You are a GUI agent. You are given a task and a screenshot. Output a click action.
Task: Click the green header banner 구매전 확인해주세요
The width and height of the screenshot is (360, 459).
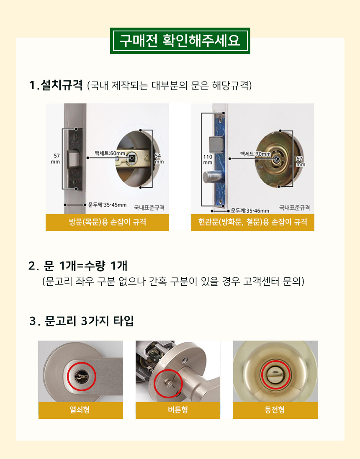coord(180,41)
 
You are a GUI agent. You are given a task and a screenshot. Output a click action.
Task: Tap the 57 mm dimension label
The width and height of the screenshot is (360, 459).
coord(56,159)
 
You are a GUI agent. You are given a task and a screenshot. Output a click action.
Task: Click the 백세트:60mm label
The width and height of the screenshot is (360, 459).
coord(110,153)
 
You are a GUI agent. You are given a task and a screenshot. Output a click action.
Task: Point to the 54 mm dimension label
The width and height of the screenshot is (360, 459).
coord(159,159)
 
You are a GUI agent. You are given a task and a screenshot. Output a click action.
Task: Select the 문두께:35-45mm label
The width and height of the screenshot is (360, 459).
coord(107,205)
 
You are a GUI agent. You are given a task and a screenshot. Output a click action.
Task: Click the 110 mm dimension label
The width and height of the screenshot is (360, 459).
coord(208,159)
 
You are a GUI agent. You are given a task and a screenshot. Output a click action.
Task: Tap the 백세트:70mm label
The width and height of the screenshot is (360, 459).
coord(255,154)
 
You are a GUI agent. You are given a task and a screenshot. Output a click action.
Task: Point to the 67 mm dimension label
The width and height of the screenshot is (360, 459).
coord(300,161)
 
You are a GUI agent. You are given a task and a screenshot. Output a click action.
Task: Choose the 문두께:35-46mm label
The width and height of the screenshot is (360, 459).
coord(250,211)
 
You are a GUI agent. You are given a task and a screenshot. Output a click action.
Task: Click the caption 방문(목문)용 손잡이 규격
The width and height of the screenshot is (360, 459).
coord(107,222)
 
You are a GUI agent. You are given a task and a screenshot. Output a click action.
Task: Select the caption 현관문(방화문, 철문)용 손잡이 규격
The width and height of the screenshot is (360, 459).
coord(252,222)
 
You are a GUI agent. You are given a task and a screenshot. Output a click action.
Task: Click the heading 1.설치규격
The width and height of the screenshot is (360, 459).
coord(56,85)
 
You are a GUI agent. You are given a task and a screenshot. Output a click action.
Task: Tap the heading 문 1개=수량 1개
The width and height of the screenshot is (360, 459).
coord(85,266)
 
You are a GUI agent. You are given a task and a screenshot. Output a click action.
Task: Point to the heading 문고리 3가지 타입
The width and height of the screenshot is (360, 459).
coord(89,321)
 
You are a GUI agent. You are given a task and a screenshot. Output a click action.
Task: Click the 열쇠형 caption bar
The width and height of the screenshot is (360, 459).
coord(80,410)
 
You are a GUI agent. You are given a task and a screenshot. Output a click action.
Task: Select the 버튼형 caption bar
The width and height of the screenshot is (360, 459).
coord(178,410)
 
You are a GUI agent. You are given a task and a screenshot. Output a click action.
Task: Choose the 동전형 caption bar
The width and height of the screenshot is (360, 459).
coord(275,410)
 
